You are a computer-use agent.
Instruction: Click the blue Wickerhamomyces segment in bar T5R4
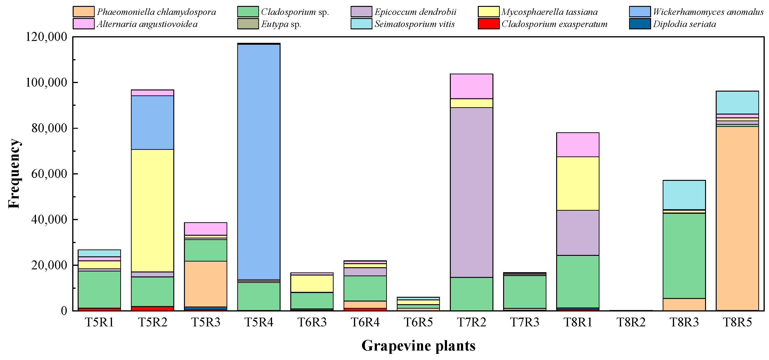click(259, 161)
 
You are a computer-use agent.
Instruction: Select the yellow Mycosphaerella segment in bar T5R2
click(152, 210)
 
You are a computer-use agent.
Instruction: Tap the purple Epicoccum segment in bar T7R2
click(471, 192)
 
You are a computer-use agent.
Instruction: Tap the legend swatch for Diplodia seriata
click(639, 24)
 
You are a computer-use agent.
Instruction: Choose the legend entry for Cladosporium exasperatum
click(554, 24)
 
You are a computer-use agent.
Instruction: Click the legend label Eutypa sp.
click(281, 24)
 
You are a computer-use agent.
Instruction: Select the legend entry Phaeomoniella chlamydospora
click(156, 12)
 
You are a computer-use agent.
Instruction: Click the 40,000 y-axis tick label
click(46, 219)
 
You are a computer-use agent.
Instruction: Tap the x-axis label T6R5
click(418, 322)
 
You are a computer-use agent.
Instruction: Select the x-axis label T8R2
click(631, 322)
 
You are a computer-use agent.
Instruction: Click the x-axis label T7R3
click(524, 322)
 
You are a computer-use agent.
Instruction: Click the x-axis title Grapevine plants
click(418, 346)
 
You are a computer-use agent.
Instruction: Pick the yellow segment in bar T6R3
click(312, 284)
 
